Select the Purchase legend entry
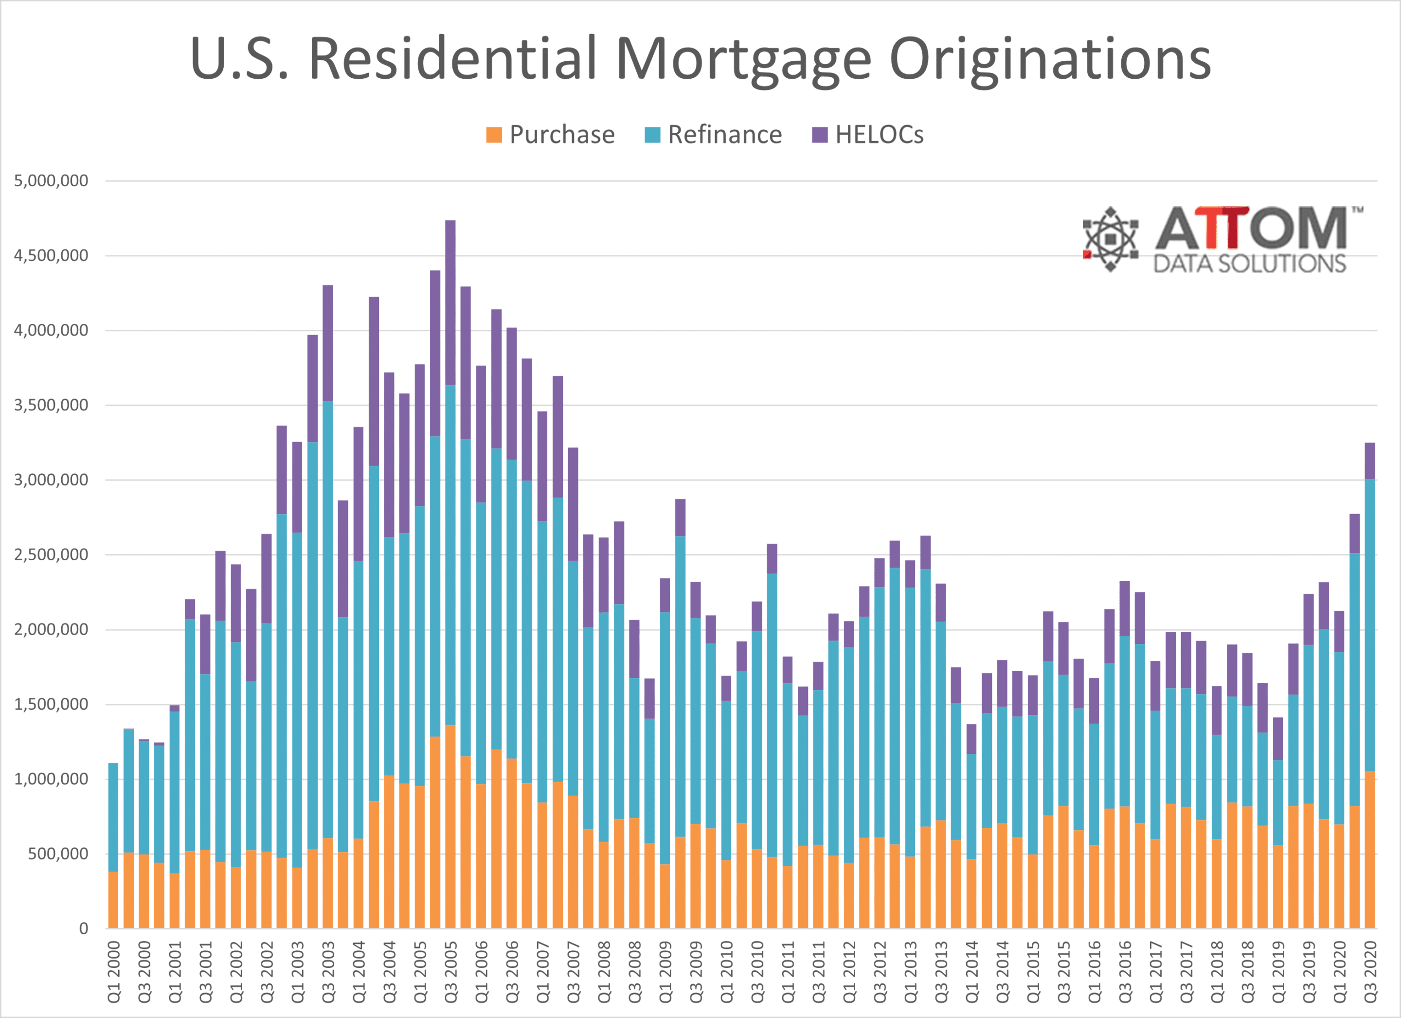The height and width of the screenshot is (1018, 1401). point(550,135)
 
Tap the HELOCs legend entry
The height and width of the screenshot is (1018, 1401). point(867,135)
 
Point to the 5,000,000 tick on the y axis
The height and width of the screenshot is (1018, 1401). point(51,181)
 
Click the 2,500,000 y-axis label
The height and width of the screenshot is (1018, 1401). point(51,554)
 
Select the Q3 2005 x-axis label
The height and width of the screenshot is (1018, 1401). point(451,972)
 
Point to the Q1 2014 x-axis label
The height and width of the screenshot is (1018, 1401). point(971,972)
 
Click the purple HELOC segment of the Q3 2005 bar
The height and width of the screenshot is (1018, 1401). point(450,303)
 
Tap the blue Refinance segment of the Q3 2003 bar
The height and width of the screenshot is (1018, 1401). point(328,618)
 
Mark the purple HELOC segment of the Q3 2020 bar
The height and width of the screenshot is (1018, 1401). point(1369,461)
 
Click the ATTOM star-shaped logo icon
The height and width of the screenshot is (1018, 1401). point(1110,239)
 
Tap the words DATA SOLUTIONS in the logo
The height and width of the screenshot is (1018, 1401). point(1249,264)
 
